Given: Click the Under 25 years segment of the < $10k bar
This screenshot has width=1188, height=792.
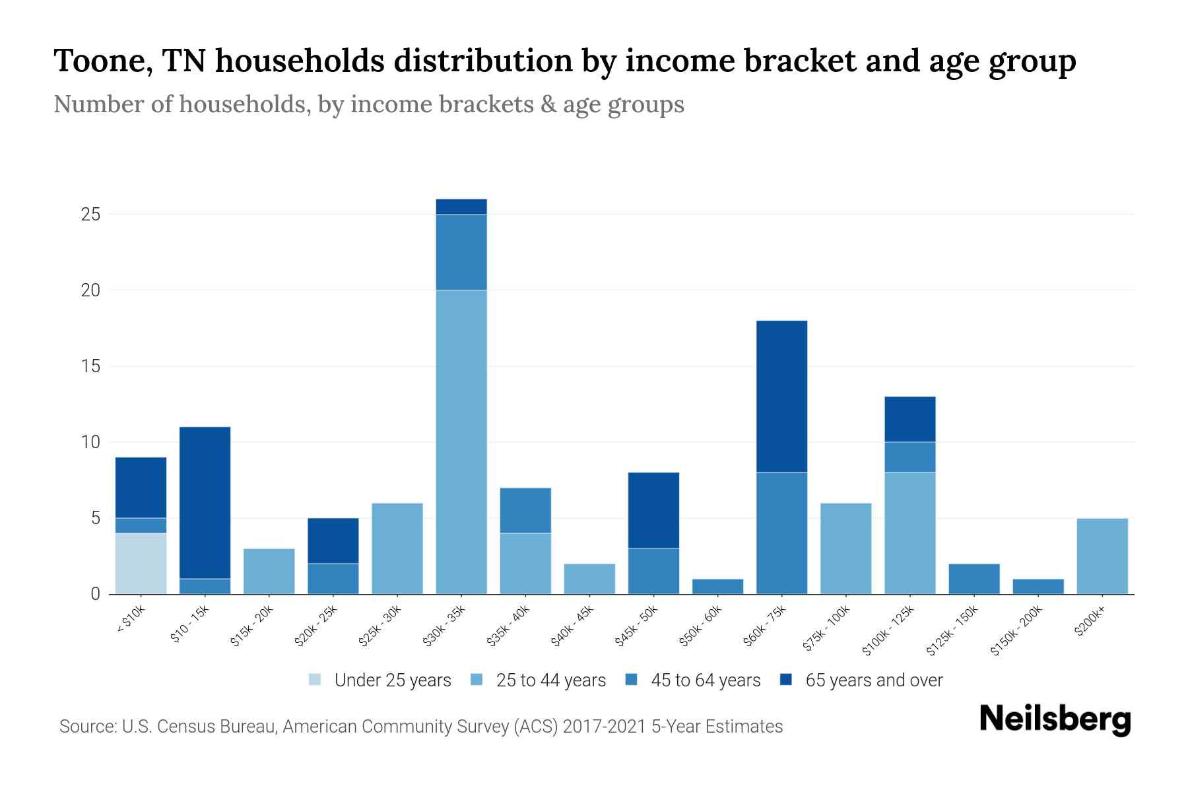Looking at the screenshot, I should (x=141, y=563).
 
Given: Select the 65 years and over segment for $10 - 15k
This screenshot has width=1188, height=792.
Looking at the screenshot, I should (x=205, y=502).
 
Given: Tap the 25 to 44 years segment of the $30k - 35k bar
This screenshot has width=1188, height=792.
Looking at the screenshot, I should (x=461, y=442).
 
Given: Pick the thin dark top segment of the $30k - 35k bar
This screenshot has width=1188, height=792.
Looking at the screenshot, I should (x=461, y=207).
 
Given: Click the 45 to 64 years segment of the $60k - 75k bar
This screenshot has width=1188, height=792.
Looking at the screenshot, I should (x=781, y=533).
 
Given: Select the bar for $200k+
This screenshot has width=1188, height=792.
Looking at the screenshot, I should (x=1102, y=556).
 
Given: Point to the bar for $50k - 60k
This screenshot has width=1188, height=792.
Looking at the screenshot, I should (x=717, y=586).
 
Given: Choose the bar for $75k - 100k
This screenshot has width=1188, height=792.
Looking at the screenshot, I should (x=845, y=548).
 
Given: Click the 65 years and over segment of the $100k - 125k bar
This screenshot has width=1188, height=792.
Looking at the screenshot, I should (x=909, y=419).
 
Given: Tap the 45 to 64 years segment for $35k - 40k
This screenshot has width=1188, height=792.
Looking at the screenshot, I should (x=525, y=510).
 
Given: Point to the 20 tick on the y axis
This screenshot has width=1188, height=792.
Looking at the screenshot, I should (x=90, y=290).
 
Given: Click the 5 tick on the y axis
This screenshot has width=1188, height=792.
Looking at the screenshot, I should (x=95, y=518).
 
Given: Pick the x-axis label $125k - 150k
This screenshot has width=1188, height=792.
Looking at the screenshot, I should (x=952, y=631).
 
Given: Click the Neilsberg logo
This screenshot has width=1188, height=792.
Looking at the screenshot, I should (x=1055, y=719).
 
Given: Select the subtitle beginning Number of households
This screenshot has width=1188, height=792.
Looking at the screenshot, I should (x=368, y=104).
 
